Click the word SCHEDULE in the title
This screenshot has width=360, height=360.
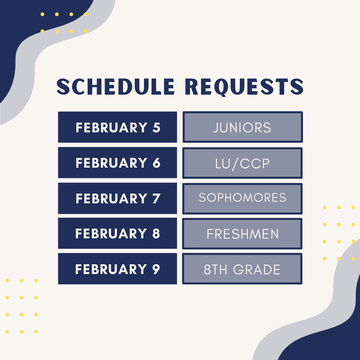tap(115, 87)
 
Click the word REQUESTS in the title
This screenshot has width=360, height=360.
tap(244, 87)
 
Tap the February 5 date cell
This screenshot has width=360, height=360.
tap(117, 127)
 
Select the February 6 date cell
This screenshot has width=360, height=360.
tap(117, 163)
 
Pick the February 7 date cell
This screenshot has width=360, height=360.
tap(117, 198)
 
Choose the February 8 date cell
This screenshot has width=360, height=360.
tap(117, 233)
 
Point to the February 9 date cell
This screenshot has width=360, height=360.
tap(117, 269)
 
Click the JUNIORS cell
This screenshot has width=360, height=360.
tap(242, 127)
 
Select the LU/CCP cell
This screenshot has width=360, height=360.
tap(242, 163)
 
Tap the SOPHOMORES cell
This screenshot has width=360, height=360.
tap(242, 198)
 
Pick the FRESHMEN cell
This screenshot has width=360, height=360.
tap(242, 234)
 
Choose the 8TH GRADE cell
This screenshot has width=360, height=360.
tap(242, 269)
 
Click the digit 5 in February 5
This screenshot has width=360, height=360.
tap(156, 128)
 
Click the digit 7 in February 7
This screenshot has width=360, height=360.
tap(156, 199)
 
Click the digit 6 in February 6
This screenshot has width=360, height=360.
tap(156, 163)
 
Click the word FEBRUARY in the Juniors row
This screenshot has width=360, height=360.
tap(111, 128)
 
